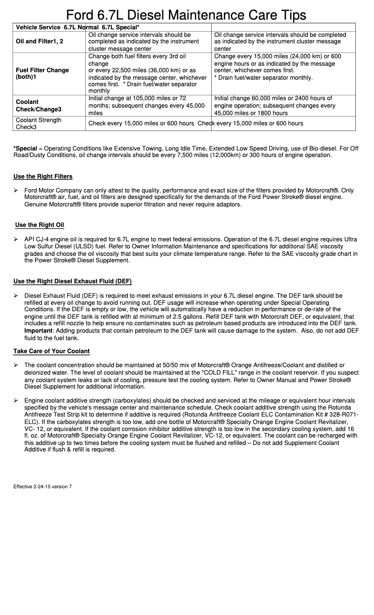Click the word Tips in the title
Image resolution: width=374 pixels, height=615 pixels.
tap(288, 15)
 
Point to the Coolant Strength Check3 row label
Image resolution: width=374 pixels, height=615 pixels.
tap(38, 123)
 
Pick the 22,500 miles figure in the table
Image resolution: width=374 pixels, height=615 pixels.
tap(119, 70)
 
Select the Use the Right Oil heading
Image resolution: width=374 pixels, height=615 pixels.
tap(40, 225)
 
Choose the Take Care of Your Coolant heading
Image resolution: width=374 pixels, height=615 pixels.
tap(51, 351)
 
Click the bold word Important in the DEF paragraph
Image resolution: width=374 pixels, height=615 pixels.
tap(38, 330)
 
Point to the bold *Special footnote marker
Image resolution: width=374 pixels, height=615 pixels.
tap(25, 148)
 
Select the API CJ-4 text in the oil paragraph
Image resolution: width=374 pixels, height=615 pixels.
tap(39, 239)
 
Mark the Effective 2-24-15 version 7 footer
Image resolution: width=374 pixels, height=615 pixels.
tap(42, 486)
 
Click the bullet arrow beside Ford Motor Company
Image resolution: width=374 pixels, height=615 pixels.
tap(16, 191)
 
